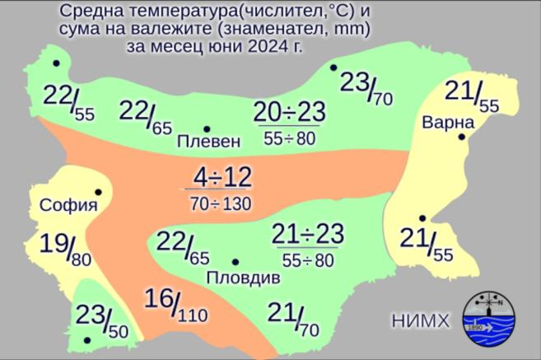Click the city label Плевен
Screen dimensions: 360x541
tap(209, 142)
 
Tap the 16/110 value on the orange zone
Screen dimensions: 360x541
tap(175, 305)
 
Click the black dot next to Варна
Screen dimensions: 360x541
tap(463, 137)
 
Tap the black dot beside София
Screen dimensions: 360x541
tap(98, 192)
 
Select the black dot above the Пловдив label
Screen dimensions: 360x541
tap(235, 262)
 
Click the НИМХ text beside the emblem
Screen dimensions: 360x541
tap(420, 320)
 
